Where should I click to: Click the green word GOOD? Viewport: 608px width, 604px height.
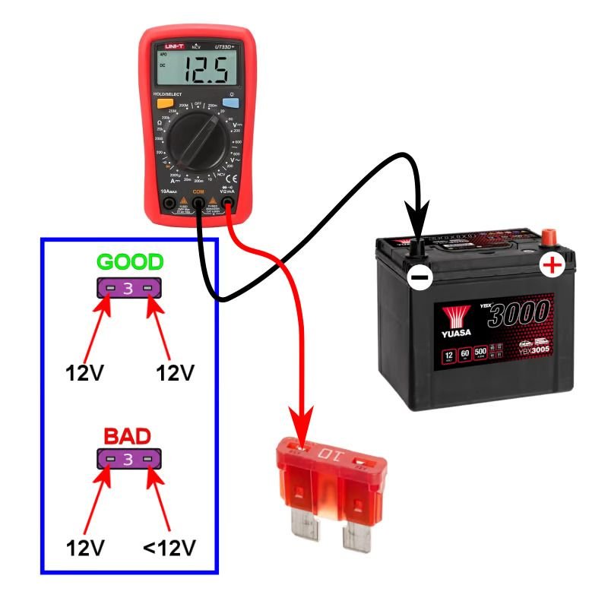(x=129, y=263)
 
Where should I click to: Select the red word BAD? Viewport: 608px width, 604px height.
(x=127, y=436)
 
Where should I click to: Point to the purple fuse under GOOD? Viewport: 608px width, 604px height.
(x=128, y=288)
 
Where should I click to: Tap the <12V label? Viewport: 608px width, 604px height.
(x=171, y=547)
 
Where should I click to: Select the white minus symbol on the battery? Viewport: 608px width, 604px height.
(x=419, y=277)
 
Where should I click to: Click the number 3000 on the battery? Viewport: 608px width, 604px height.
(x=519, y=312)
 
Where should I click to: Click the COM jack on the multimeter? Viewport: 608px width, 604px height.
(x=199, y=204)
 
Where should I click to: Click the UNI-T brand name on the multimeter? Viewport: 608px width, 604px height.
(x=173, y=47)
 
